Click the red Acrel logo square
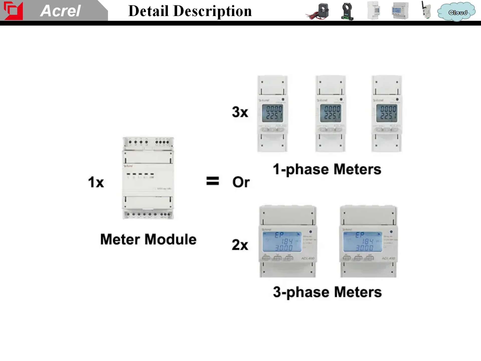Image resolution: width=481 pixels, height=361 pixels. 13,11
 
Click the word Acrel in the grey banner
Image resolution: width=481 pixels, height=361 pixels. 60,11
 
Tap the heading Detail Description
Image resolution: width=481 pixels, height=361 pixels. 190,11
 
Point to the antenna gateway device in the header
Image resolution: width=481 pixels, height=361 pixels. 426,11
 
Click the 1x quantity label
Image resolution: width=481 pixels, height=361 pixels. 96,182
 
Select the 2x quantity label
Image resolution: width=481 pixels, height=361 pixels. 240,245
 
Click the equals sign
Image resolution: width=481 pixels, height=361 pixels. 212,181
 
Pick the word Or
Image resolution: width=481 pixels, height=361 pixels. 241,182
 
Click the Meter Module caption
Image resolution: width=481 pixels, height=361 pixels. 148,239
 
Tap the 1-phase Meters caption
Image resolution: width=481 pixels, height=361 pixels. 327,169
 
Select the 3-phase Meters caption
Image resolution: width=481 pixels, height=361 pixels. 327,292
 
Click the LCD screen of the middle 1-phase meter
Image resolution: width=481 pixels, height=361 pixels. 331,113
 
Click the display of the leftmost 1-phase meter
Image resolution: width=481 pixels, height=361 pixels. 273,113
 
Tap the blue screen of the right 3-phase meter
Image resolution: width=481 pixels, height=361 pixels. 363,242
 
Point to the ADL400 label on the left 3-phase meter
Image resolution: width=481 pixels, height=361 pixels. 308,258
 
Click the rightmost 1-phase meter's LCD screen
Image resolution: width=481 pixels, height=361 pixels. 387,113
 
